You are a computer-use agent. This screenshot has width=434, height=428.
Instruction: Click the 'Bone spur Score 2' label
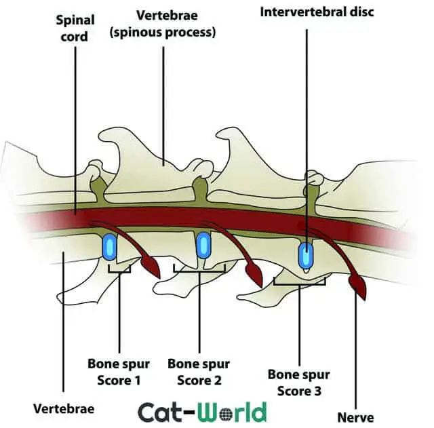(199, 372)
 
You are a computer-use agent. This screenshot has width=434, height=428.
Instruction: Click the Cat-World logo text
(202, 412)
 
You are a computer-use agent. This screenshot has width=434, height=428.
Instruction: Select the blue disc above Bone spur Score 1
(109, 248)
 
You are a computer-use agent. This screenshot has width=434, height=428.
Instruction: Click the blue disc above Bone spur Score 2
(203, 247)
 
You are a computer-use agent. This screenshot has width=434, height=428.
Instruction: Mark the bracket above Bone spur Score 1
(119, 271)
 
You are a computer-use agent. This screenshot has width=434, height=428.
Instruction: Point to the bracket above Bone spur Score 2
(199, 269)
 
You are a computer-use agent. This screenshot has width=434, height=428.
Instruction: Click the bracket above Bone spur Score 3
(299, 281)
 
